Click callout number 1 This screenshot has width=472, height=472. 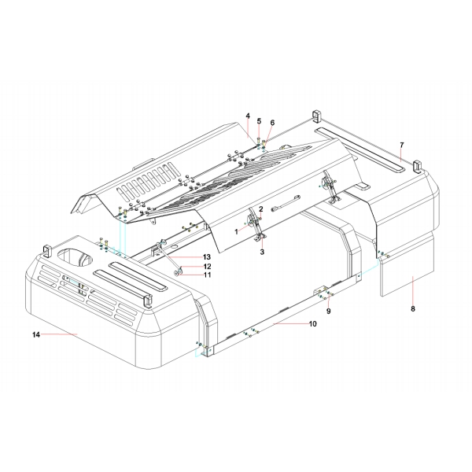(234, 231)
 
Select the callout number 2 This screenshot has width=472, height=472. (260, 208)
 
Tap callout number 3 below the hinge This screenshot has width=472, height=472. (262, 252)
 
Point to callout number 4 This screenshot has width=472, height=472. (247, 116)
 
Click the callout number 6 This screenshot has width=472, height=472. (272, 123)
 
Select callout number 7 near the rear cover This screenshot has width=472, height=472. (401, 145)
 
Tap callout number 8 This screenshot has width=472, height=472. (413, 309)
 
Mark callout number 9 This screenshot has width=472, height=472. (330, 311)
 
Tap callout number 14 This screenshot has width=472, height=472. (35, 335)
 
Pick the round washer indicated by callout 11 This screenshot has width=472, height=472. (179, 273)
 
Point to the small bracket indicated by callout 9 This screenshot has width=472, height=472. (323, 293)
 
